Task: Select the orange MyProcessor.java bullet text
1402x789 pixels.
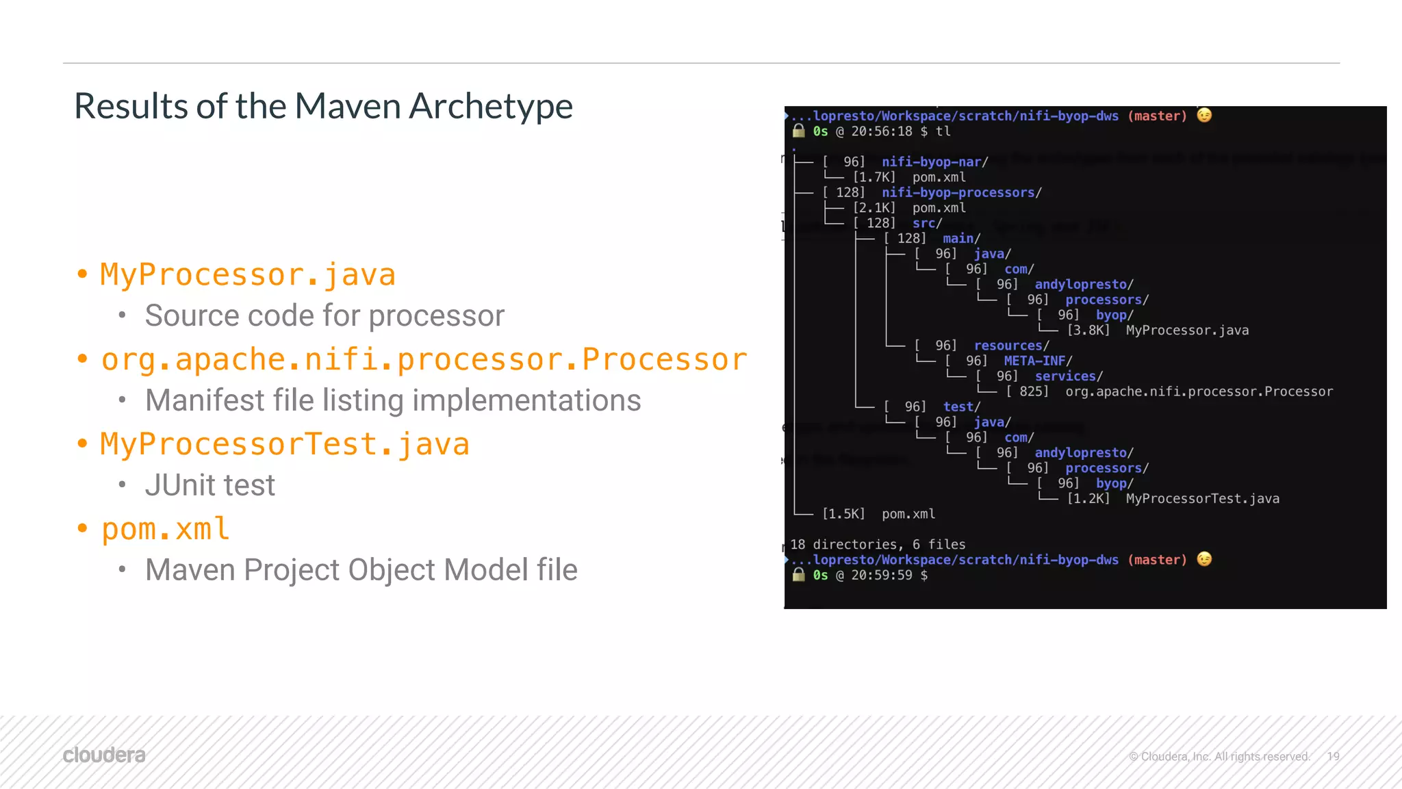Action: pyautogui.click(x=248, y=275)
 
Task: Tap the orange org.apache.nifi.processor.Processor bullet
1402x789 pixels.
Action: pyautogui.click(x=424, y=360)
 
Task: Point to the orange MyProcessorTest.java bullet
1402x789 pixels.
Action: pyautogui.click(x=285, y=445)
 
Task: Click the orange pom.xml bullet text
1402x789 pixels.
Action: pyautogui.click(x=165, y=529)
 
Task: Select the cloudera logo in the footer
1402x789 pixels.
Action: pyautogui.click(x=104, y=755)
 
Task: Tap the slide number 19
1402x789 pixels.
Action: pyautogui.click(x=1333, y=756)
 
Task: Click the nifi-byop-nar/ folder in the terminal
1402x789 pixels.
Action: pyautogui.click(x=934, y=162)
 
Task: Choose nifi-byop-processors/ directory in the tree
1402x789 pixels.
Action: pyautogui.click(x=961, y=193)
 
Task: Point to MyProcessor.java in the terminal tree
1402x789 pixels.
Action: pyautogui.click(x=1187, y=331)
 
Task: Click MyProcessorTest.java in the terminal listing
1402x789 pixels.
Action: pyautogui.click(x=1202, y=499)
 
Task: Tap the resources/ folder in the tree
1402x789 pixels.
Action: pyautogui.click(x=1011, y=346)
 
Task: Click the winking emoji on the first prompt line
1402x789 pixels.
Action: pyautogui.click(x=1204, y=116)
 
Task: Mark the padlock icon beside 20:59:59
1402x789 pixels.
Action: pyautogui.click(x=798, y=575)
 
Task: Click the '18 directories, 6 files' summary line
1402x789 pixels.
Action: pyautogui.click(x=878, y=545)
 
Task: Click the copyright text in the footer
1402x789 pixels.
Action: pyautogui.click(x=1219, y=756)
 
